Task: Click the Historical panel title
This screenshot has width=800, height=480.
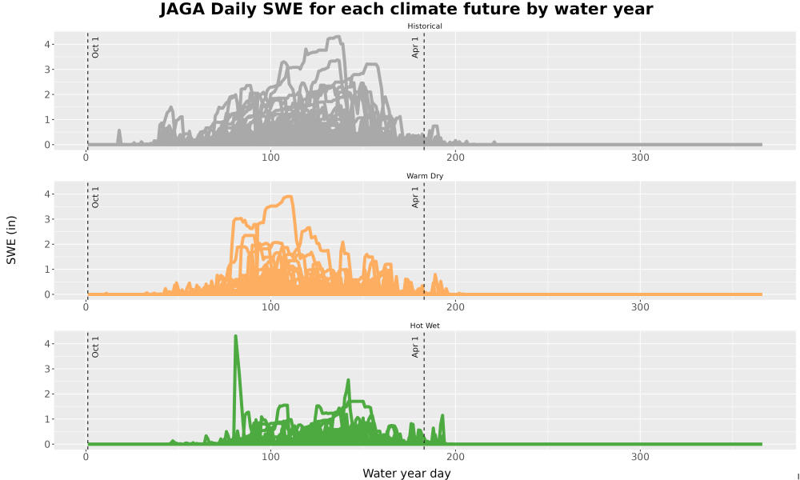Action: [x=425, y=26]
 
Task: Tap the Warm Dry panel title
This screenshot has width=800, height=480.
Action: [x=425, y=176]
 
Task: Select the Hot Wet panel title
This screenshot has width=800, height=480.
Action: [x=425, y=326]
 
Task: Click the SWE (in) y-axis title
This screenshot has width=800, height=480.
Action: [x=11, y=240]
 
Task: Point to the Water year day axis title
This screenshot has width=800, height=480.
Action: [x=406, y=474]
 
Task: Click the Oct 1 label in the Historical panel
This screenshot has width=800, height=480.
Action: [x=95, y=47]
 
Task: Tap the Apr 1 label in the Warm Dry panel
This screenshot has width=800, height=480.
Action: [x=414, y=198]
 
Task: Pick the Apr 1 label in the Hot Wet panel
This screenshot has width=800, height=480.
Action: [x=414, y=347]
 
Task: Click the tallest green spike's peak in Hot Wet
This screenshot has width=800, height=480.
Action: [x=236, y=336]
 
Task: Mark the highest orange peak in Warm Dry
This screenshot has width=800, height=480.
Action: [x=290, y=196]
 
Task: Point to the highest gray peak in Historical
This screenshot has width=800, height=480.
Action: [x=337, y=36]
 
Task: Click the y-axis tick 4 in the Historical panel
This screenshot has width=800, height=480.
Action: [x=47, y=44]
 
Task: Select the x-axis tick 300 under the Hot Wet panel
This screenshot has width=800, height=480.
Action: [x=640, y=457]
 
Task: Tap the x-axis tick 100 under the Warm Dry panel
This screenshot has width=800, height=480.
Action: [x=270, y=307]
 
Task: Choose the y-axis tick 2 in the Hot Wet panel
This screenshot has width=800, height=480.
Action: [x=47, y=394]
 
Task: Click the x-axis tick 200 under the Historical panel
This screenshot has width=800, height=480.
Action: [x=455, y=158]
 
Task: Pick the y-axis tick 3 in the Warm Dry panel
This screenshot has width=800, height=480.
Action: [x=47, y=219]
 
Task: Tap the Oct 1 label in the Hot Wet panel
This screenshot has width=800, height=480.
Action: [x=95, y=347]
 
